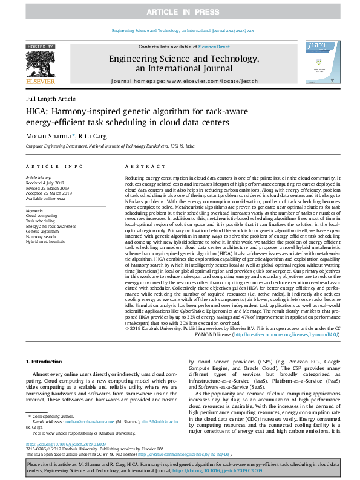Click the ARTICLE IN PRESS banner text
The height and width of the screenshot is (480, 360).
pos(180,11)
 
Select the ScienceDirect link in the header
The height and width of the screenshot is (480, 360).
pos(214,47)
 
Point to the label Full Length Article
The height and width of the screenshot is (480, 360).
pos(51,99)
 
